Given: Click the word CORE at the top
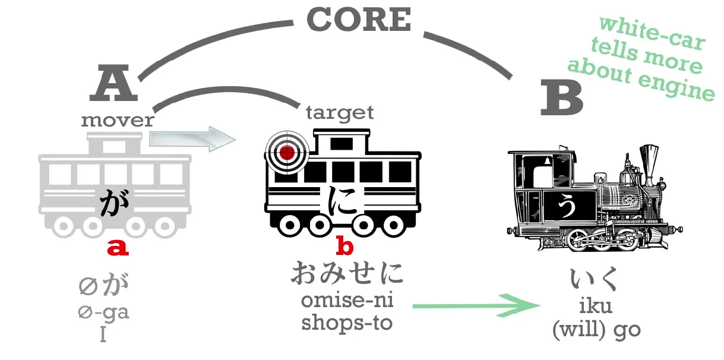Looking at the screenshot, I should click(359, 20).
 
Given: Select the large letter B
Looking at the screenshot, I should click(561, 99).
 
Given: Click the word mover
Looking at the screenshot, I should click(118, 121).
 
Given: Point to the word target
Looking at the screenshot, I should click(340, 112).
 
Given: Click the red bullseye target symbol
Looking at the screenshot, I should click(287, 152).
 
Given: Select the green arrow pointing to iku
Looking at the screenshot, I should click(475, 305).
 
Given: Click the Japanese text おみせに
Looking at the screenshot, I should click(347, 274).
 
